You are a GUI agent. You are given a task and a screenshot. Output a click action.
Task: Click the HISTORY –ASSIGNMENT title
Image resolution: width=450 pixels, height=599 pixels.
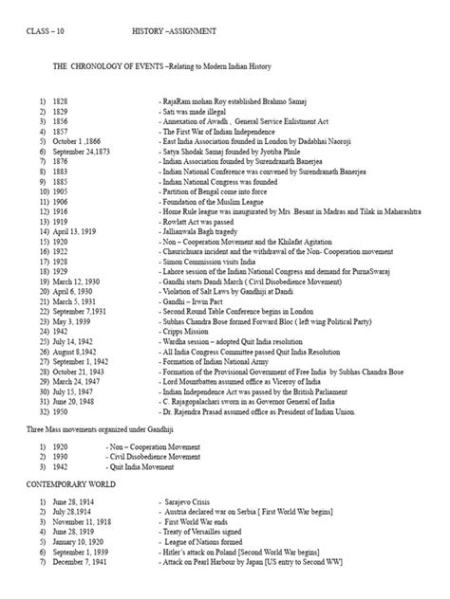click(x=181, y=31)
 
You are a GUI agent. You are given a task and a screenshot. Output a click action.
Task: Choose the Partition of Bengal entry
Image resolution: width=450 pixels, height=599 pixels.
click(x=209, y=191)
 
